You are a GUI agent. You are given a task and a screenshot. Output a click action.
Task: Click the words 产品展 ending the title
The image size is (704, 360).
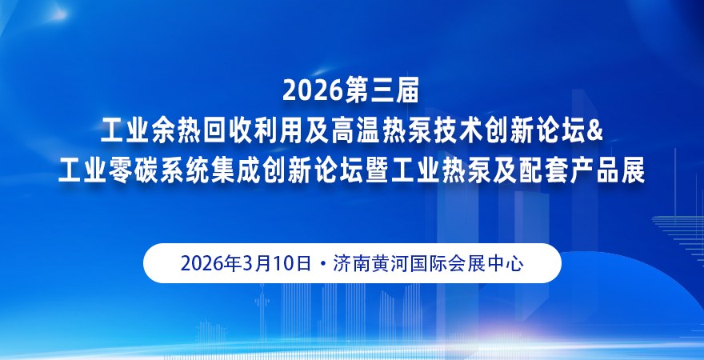click(604, 170)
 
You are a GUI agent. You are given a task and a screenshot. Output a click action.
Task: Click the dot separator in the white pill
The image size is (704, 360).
click(322, 264)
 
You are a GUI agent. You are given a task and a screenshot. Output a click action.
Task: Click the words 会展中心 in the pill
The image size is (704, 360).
click(488, 263)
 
